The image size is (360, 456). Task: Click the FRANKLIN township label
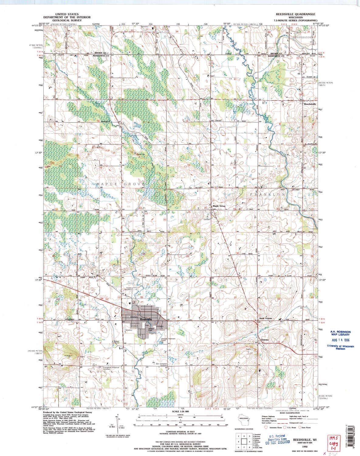click(x=268, y=193)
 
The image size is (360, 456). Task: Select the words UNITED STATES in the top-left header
click(x=66, y=14)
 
